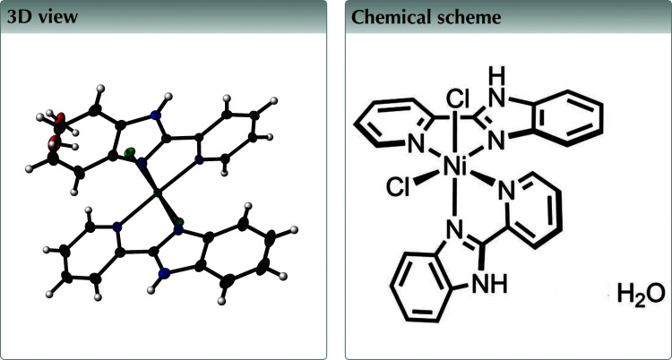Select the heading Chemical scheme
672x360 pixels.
pyautogui.click(x=413, y=19)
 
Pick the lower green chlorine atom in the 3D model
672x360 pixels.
pyautogui.click(x=180, y=221)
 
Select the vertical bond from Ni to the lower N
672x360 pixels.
pyautogui.click(x=457, y=199)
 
